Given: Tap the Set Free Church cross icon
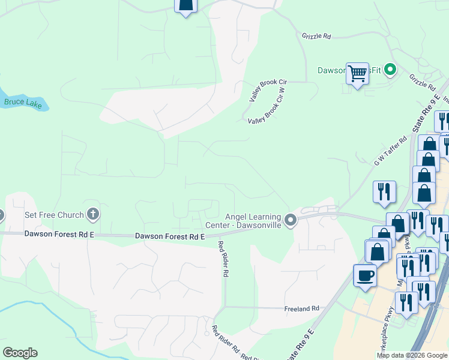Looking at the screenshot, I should [92, 213].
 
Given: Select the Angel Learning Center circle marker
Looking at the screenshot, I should [291, 221].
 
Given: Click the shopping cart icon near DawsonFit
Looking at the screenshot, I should [357, 74].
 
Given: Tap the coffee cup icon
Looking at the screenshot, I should [364, 276].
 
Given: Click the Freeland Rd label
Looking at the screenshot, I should [302, 308].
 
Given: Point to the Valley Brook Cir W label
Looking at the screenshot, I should [267, 108].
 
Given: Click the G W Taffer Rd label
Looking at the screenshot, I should [390, 151].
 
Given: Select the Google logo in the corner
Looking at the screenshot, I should [20, 353].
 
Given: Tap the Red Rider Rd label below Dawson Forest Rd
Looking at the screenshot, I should [223, 259].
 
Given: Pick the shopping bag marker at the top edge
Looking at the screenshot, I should [185, 5].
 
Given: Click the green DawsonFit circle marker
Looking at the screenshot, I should [390, 70].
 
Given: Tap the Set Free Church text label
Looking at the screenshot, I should [53, 214].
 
